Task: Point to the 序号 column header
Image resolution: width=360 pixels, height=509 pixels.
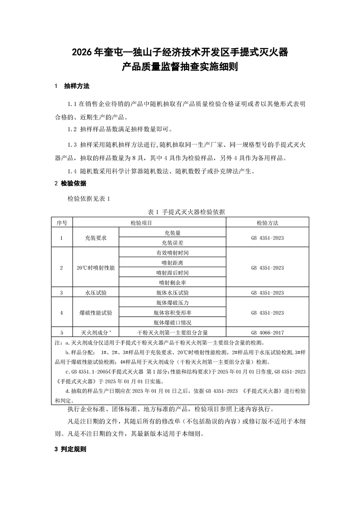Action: [62, 223]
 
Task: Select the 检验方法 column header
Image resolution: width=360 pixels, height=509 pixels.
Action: [267, 223]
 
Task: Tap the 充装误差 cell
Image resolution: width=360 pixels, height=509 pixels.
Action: [172, 243]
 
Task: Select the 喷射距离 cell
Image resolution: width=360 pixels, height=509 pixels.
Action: [172, 263]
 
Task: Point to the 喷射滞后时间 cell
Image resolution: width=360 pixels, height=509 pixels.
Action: [172, 273]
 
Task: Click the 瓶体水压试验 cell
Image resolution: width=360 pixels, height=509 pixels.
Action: [172, 293]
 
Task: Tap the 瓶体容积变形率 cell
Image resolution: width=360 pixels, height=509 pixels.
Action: [172, 313]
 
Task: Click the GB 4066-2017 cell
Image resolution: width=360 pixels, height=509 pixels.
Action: [267, 332]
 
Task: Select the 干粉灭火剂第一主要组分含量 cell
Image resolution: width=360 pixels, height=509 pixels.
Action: [172, 332]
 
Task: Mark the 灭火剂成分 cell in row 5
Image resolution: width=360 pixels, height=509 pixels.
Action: [95, 332]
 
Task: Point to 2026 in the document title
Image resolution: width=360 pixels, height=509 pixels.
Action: [82, 53]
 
